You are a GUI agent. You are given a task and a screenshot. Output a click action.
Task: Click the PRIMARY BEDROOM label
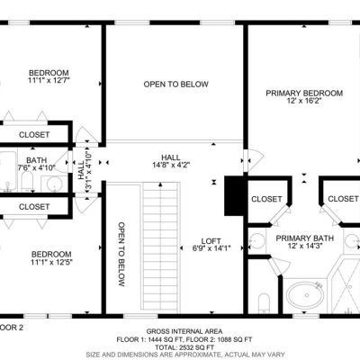pyautogui.click(x=304, y=94)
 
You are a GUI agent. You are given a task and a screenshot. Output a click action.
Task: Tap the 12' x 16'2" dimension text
pyautogui.click(x=304, y=101)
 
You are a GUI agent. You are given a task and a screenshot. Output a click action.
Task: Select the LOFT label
pyautogui.click(x=211, y=241)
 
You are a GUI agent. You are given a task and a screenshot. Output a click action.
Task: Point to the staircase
pyautogui.click(x=161, y=246)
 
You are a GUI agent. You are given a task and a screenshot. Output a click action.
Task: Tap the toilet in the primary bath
pyautogui.click(x=264, y=302)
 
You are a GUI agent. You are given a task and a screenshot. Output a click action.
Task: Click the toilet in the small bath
pyautogui.click(x=27, y=182)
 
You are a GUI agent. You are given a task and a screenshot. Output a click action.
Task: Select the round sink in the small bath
pyautogui.click(x=55, y=183)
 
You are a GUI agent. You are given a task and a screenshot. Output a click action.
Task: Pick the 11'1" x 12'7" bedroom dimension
pyautogui.click(x=49, y=80)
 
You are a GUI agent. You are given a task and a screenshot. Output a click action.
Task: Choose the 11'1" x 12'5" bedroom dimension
pyautogui.click(x=51, y=262)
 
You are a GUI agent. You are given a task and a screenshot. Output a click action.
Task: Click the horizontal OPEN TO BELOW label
pyautogui.click(x=175, y=85)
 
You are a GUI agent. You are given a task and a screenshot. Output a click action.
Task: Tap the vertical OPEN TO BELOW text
pyautogui.click(x=121, y=254)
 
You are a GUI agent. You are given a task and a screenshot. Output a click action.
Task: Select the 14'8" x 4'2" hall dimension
pyautogui.click(x=171, y=165)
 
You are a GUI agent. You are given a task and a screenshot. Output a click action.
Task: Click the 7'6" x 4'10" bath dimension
pyautogui.click(x=36, y=167)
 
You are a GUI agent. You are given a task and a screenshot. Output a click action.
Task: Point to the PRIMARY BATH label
pyautogui.click(x=304, y=238)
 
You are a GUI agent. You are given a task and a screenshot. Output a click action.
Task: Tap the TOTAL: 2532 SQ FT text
pyautogui.click(x=184, y=347)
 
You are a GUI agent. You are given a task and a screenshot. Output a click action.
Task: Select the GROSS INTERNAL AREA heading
pyautogui.click(x=184, y=331)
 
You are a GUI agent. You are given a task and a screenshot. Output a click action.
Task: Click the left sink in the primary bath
pyautogui.click(x=257, y=241)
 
